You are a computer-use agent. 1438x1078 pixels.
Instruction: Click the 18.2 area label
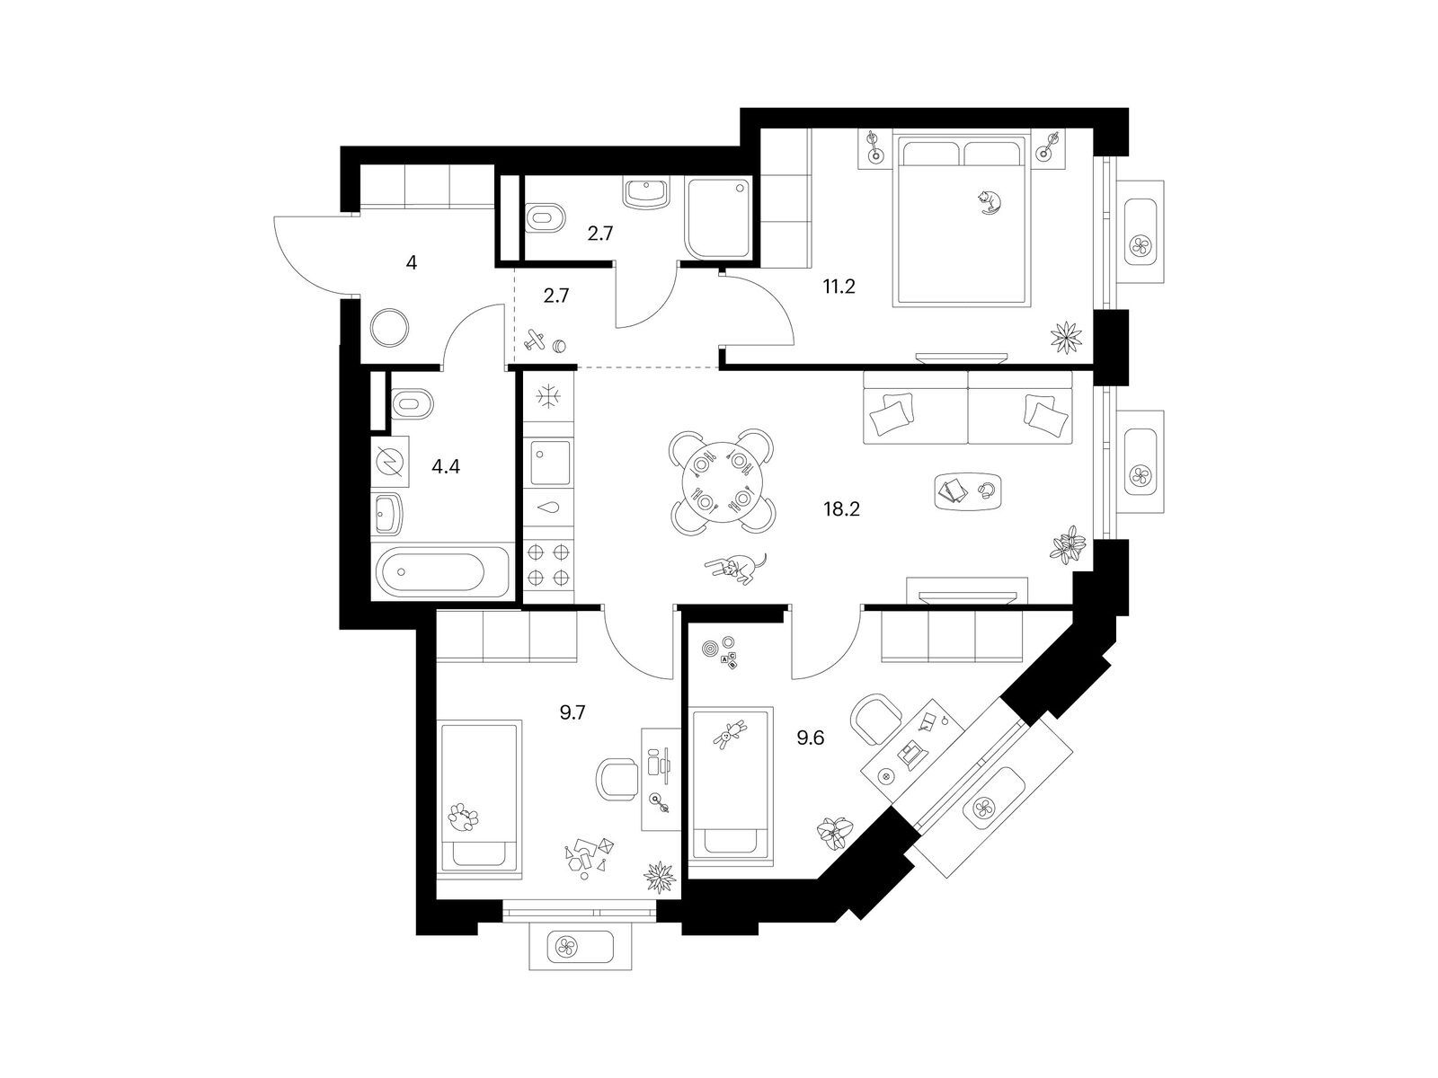841,508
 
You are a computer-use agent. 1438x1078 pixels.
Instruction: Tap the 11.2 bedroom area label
839,287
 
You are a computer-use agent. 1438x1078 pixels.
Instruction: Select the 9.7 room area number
572,712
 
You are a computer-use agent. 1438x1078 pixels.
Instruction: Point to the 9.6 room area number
810,738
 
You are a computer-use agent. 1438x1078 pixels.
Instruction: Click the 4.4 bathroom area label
446,466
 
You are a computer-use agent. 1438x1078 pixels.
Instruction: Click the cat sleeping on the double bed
989,201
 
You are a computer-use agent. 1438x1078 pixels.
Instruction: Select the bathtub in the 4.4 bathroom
441,570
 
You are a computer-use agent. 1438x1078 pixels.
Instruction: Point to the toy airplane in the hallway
536,340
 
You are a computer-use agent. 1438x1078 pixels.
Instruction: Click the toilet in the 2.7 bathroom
545,217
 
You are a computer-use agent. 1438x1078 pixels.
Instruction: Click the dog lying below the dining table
735,567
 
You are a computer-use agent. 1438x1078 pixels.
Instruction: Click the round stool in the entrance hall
390,327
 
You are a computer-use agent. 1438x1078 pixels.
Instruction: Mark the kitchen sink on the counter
550,462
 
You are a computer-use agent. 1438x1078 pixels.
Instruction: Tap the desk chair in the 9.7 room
617,780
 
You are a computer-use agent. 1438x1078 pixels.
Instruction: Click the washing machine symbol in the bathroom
390,462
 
